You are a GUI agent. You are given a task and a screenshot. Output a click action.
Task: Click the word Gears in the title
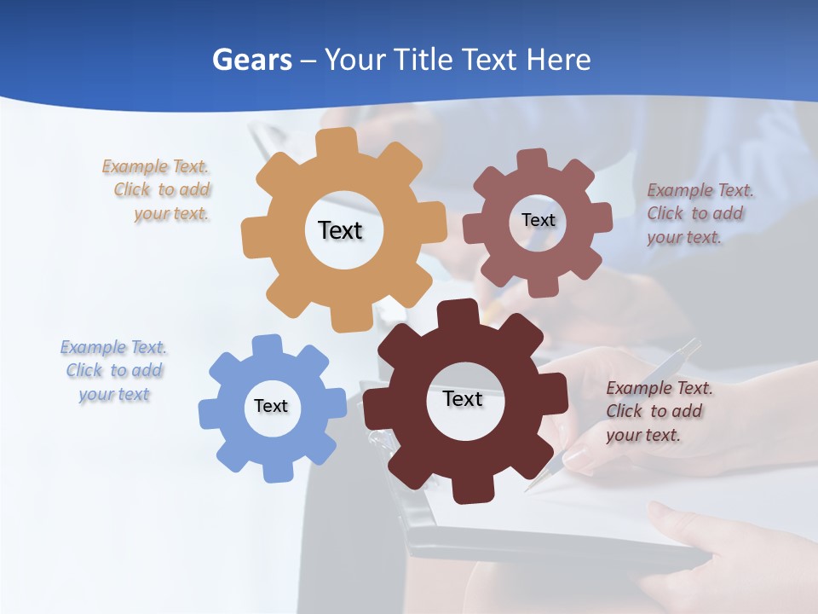coord(251,60)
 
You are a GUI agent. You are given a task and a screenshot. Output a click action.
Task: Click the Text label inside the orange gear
coord(340,230)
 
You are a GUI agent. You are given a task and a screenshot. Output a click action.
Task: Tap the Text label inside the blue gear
coord(271,406)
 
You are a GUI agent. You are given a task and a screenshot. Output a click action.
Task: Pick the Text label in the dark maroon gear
coord(463,398)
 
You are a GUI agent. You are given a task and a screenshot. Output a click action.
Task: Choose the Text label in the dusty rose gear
coord(539,220)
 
